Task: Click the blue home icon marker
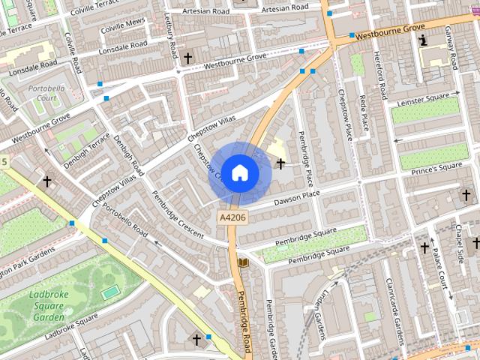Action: click(239, 172)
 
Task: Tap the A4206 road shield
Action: click(232, 217)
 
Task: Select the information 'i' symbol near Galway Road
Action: click(423, 40)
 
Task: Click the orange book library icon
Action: click(242, 262)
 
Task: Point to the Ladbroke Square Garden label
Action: click(49, 306)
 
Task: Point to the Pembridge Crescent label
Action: click(178, 214)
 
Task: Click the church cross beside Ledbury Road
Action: click(187, 57)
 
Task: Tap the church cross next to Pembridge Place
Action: click(280, 163)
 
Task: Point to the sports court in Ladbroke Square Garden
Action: click(110, 291)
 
